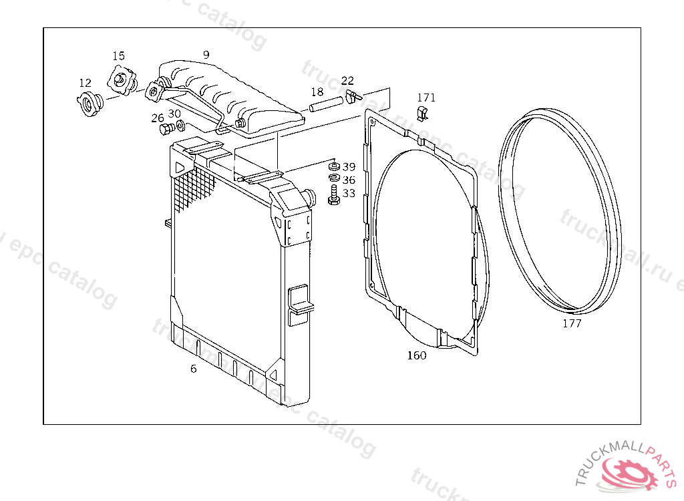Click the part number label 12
[85, 83]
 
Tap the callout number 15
[118, 56]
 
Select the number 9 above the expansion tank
[206, 55]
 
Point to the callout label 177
[572, 323]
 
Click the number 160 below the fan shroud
[417, 355]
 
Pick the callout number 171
[426, 98]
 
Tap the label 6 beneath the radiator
[193, 369]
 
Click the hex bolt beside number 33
[334, 194]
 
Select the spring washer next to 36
[335, 178]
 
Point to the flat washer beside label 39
[334, 166]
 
